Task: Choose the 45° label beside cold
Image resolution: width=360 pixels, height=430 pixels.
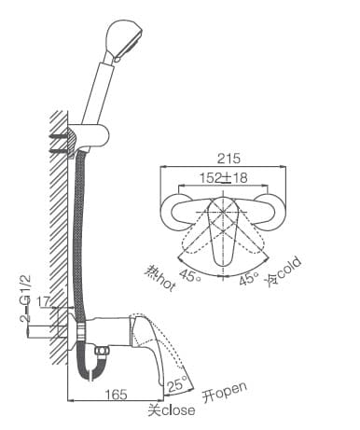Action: (248, 278)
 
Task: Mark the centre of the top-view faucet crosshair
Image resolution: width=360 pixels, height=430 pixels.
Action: (224, 213)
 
